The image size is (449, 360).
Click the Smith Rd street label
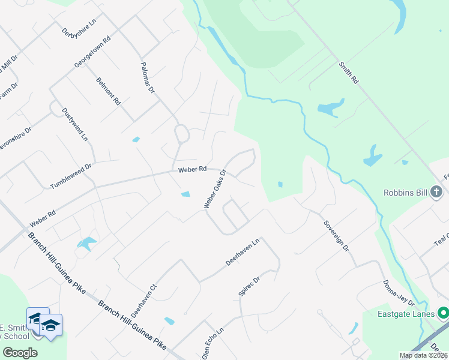(348, 71)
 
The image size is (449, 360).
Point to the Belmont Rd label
(109, 90)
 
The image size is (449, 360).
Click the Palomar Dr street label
(148, 79)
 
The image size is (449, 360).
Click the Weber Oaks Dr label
(214, 188)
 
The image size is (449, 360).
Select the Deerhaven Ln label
(243, 252)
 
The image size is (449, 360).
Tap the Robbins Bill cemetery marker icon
(436, 193)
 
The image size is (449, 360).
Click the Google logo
(20, 352)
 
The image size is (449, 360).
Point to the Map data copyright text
(423, 355)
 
